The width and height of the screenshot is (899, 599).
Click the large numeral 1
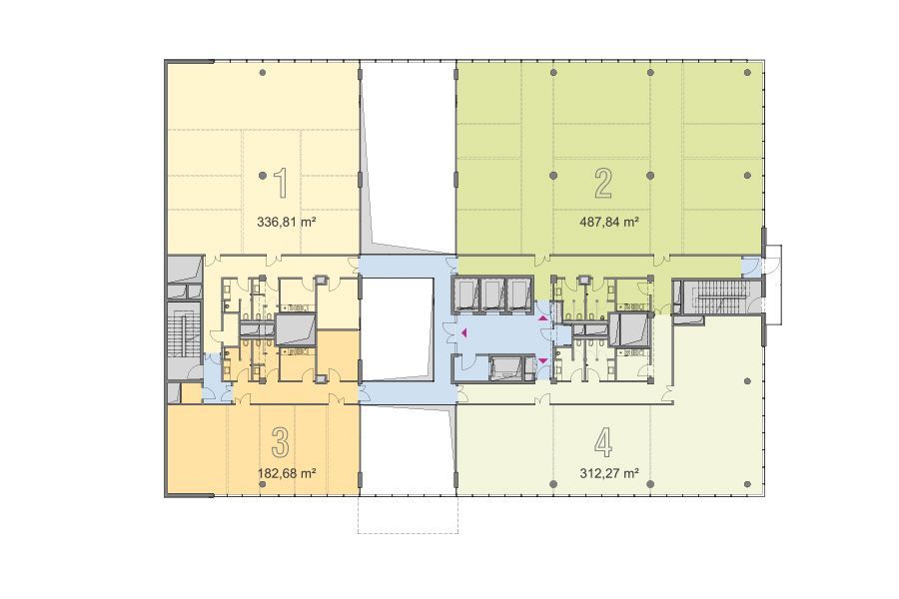pos(281,183)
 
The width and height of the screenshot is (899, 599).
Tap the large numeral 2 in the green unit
pos(603,184)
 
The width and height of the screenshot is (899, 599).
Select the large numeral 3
pos(280,442)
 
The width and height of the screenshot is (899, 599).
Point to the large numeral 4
pos(603,442)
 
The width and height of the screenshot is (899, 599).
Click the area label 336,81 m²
pos(287,222)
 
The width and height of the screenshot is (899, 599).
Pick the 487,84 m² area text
pos(610,222)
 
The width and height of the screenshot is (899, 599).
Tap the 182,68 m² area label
pos(287,473)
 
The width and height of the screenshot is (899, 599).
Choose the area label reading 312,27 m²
pos(610,473)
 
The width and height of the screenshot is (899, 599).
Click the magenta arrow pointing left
pos(463,331)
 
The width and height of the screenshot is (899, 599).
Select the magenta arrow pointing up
pos(543,317)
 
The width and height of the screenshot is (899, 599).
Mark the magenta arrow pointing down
pos(543,360)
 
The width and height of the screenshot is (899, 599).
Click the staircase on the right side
pos(718,297)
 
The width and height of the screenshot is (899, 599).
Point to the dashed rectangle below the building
pos(408,514)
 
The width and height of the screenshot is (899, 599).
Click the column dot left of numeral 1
pos(262,176)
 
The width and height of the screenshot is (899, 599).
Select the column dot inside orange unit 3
pos(262,484)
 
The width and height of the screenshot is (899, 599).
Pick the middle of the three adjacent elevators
pos(492,295)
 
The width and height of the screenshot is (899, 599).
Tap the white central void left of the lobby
pos(397,329)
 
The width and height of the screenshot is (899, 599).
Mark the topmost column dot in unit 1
pos(262,73)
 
